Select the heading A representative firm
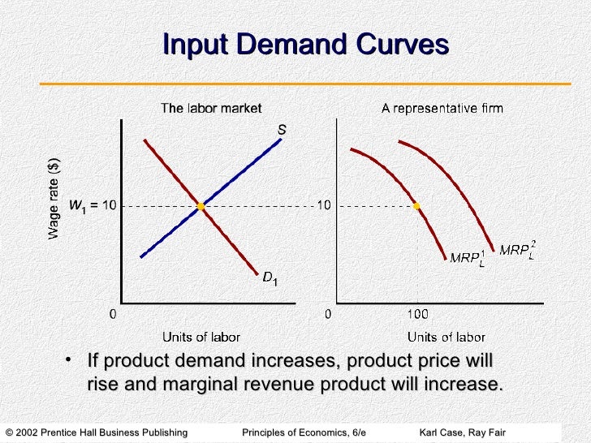pyautogui.click(x=442, y=108)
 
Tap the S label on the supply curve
pyautogui.click(x=282, y=128)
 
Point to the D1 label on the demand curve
pyautogui.click(x=270, y=278)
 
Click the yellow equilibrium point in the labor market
pyautogui.click(x=201, y=206)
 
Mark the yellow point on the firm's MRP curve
pyautogui.click(x=416, y=206)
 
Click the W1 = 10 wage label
pyautogui.click(x=93, y=206)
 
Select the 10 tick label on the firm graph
pyautogui.click(x=323, y=206)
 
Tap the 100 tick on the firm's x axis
pyautogui.click(x=416, y=313)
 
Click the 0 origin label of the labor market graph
pyautogui.click(x=114, y=313)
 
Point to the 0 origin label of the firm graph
pyautogui.click(x=328, y=313)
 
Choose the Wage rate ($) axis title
pyautogui.click(x=54, y=197)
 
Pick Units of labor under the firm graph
pyautogui.click(x=446, y=337)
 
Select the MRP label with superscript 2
pyautogui.click(x=517, y=249)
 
